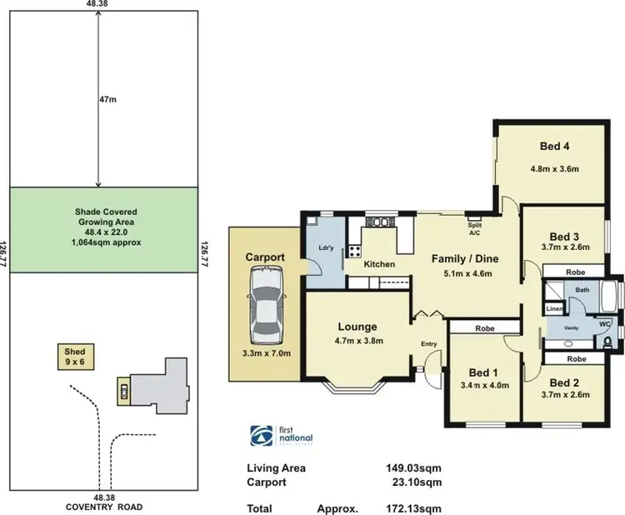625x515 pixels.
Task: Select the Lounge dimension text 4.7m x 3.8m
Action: point(357,340)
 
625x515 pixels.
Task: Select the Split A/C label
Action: point(474,229)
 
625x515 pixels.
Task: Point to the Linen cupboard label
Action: point(553,309)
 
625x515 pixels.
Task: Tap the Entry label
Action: point(429,344)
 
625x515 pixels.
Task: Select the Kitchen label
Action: point(379,264)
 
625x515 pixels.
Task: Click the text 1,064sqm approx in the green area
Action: point(105,242)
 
